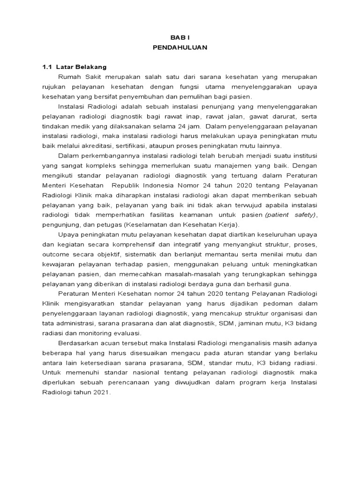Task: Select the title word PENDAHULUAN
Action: pyautogui.click(x=180, y=47)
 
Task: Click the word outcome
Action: pyautogui.click(x=56, y=255)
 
